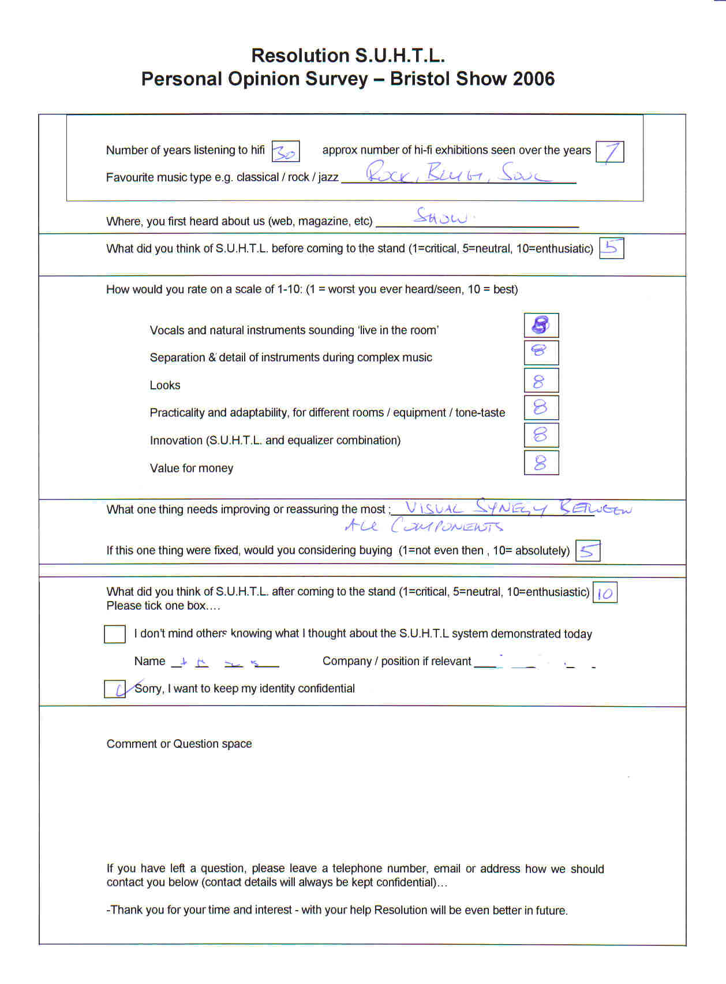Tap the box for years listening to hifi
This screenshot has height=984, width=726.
[x=285, y=151]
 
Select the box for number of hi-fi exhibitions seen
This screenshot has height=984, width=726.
[x=609, y=152]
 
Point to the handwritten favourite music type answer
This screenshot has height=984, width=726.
[x=459, y=173]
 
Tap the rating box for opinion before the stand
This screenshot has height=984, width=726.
[x=611, y=248]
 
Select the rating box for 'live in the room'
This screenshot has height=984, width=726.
[x=541, y=325]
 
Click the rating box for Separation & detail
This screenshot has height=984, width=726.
[x=541, y=352]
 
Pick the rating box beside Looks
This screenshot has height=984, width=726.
[x=541, y=381]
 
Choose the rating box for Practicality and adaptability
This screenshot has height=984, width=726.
[x=541, y=408]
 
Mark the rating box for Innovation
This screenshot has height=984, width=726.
[x=541, y=435]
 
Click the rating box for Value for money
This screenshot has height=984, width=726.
[x=541, y=463]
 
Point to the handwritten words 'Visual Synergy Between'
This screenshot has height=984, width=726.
[x=518, y=508]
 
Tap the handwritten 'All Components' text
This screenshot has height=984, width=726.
[x=424, y=525]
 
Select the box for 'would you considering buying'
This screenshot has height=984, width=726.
[x=587, y=551]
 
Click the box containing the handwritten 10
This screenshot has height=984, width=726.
[x=605, y=592]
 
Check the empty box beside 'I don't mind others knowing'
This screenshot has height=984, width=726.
[x=114, y=633]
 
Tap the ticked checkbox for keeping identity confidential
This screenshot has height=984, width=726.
[x=114, y=689]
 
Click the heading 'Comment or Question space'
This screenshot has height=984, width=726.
[x=179, y=744]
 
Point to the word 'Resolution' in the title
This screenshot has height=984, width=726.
[x=300, y=55]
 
